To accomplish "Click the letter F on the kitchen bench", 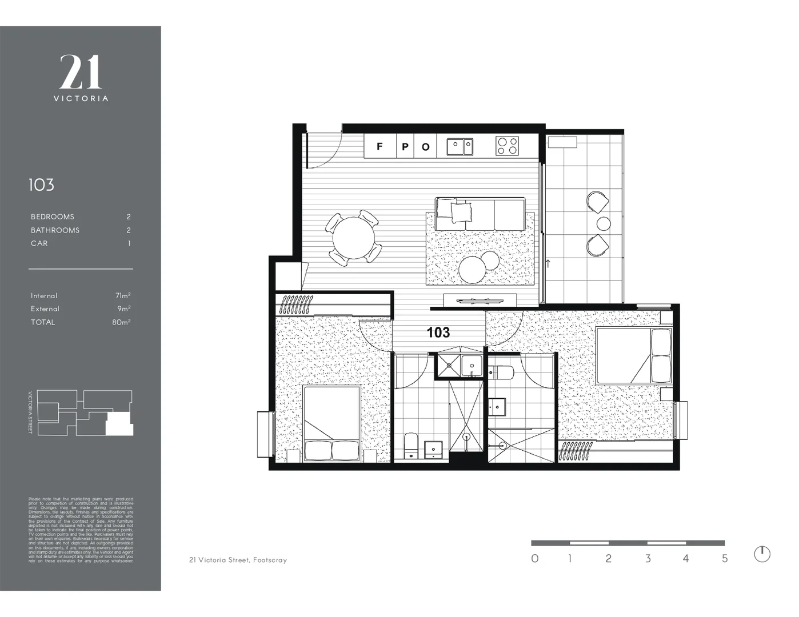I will pos(379,147).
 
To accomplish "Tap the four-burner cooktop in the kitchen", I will pos(507,146).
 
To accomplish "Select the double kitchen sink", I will pos(460,146).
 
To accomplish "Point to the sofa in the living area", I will pos(480,214).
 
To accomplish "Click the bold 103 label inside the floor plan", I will pos(438,332).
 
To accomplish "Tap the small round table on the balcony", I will pos(604,223).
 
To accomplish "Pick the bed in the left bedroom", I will pos(332,424).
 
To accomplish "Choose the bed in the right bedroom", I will pos(633,355).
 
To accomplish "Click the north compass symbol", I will pos(762,554).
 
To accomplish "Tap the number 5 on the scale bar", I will pos(725,559).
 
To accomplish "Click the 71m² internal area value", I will pos(123,295).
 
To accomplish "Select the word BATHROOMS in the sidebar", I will pos(55,230).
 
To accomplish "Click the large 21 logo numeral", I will pos(81,73).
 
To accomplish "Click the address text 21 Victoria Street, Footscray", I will pos(238,560).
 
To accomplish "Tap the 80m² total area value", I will pos(121,322).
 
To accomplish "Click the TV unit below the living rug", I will pos(480,301).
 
